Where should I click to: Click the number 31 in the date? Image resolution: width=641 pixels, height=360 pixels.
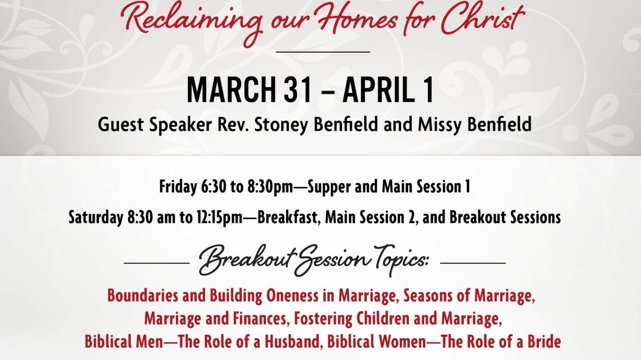click(x=298, y=90)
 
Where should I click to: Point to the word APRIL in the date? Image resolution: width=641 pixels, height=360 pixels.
click(x=379, y=90)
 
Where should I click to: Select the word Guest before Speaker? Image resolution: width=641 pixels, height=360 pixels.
click(x=120, y=125)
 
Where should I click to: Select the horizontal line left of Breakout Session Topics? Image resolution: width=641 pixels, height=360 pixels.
click(x=157, y=263)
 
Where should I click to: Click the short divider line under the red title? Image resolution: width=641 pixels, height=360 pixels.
click(x=323, y=52)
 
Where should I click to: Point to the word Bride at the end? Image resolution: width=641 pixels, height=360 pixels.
click(x=544, y=342)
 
